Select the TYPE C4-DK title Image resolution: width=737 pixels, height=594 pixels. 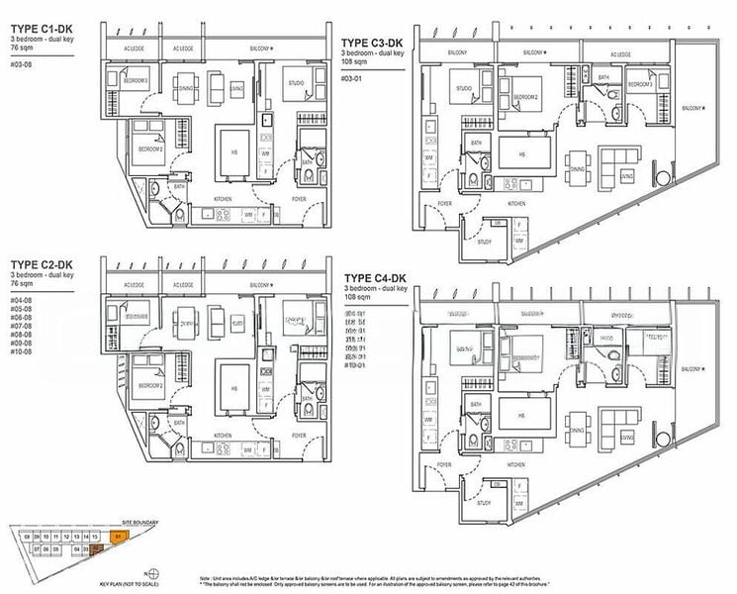377,277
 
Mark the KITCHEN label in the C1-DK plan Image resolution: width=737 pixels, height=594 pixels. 225,199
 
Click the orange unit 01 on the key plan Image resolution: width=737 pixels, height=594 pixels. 118,536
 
